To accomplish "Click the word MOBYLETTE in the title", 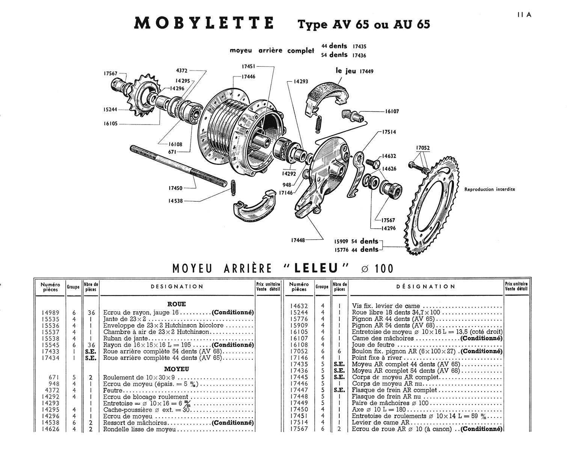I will point(204,24).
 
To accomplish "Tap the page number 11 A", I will point(524,15).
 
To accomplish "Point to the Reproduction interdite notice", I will point(489,189).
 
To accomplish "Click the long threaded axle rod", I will point(178,165).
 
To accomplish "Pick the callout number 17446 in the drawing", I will point(247,76).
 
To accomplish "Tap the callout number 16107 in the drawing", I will point(392,111).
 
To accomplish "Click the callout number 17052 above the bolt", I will point(422,148).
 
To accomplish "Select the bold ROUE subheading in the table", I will point(176,304).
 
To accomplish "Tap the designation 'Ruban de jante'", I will point(126,339).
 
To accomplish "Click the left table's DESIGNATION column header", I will point(177,287).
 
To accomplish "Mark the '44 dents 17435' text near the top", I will point(344,46).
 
